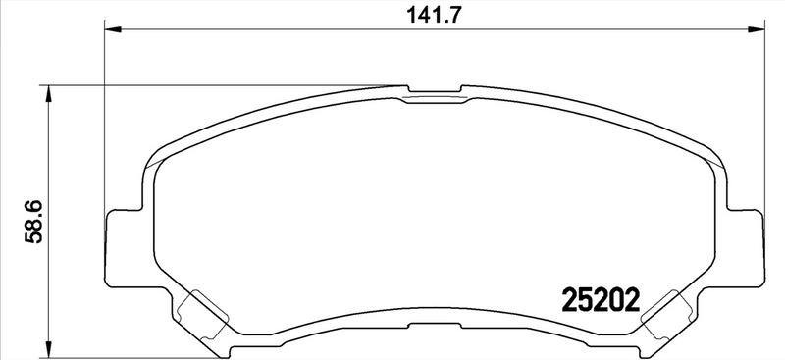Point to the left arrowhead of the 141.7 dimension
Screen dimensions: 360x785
[x=111, y=30]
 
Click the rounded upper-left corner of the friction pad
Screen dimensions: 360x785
[x=157, y=157]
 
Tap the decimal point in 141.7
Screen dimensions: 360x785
[x=444, y=20]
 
